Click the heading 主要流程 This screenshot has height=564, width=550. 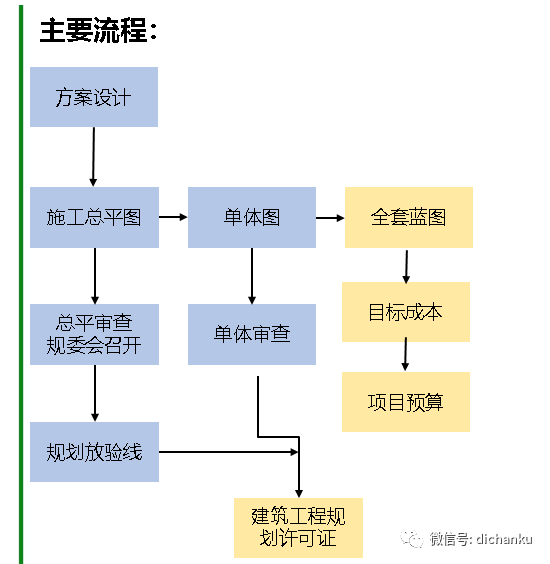(98, 31)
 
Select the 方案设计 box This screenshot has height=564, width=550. (94, 97)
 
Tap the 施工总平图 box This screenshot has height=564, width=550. (94, 217)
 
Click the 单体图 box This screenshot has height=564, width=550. (251, 217)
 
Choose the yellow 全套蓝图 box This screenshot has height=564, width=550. (408, 217)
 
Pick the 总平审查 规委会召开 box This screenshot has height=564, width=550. (94, 334)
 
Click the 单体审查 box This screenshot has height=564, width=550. (251, 334)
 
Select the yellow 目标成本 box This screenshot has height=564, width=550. (405, 312)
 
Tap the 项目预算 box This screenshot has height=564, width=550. (405, 402)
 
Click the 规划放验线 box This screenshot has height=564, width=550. (94, 452)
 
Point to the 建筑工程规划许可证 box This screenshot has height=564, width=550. (298, 527)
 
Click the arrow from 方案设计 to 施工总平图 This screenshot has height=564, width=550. (93, 157)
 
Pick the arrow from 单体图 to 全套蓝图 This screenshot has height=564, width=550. (330, 217)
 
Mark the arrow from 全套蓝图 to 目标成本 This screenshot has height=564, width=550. (406, 265)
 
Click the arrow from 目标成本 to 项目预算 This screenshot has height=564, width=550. (405, 356)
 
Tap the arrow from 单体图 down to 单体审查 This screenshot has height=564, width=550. (251, 275)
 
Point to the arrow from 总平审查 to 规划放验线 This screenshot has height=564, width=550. (94, 393)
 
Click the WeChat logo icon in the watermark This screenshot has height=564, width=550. (412, 538)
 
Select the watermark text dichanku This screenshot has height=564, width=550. (504, 539)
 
